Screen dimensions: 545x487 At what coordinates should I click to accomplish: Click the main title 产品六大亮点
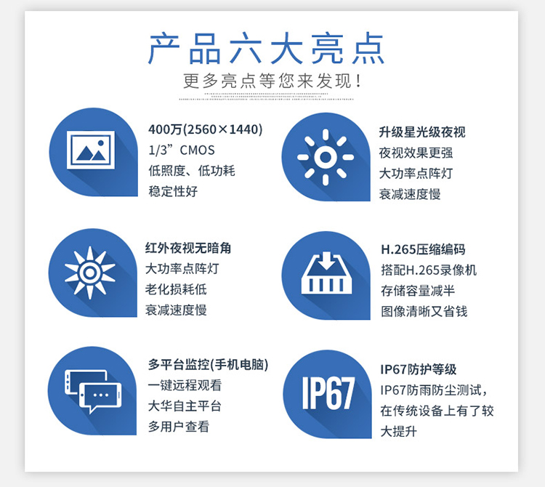click(266, 48)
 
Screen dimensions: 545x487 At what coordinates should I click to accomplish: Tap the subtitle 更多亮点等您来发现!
click(272, 81)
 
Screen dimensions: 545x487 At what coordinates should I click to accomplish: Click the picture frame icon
click(91, 150)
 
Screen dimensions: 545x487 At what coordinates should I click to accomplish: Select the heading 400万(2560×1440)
click(206, 129)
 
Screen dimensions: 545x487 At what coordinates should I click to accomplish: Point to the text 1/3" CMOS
click(182, 150)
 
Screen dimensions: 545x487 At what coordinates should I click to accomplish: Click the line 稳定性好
click(173, 191)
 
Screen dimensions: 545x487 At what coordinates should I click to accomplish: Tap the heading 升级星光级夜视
click(422, 132)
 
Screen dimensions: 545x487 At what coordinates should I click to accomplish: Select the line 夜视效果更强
click(416, 153)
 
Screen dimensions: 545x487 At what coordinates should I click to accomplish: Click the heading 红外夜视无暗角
click(188, 248)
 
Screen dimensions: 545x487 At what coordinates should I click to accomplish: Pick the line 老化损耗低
click(176, 289)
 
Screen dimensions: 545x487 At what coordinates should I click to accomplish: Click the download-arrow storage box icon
click(326, 273)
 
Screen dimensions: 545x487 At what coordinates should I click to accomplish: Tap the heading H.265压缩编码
click(423, 249)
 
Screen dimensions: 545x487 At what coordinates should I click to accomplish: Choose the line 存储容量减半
click(418, 291)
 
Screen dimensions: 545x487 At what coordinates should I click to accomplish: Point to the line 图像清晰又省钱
click(424, 311)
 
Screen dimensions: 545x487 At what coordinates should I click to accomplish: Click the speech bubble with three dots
click(100, 397)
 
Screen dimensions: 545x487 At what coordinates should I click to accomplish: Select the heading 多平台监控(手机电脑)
click(209, 365)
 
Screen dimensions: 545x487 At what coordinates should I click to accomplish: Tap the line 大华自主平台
click(185, 406)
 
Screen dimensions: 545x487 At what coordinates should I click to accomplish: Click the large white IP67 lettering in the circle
click(328, 393)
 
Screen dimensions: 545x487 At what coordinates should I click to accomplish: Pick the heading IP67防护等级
click(418, 369)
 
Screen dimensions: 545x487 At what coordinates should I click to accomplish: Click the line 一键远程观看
click(185, 385)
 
